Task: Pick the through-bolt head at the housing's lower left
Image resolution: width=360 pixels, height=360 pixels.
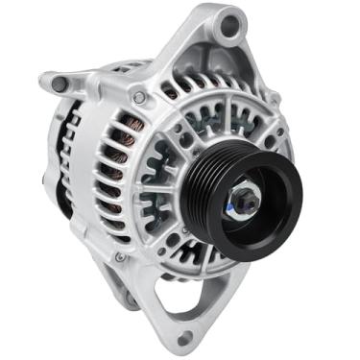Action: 118,257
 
